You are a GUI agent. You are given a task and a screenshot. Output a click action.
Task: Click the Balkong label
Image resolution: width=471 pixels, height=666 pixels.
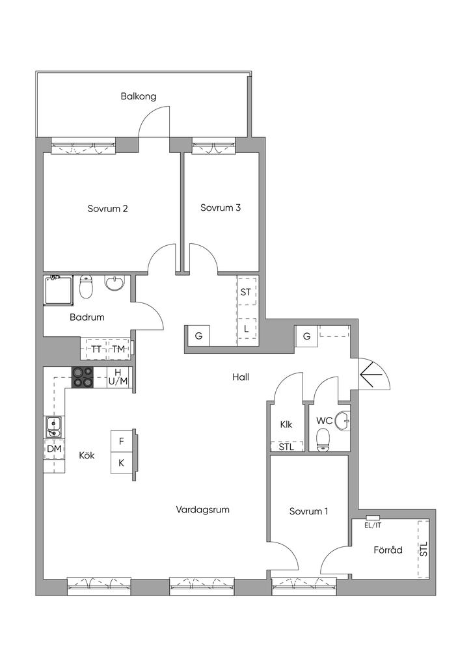pyautogui.click(x=139, y=96)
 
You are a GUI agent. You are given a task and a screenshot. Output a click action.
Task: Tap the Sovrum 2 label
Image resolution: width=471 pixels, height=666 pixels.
pyautogui.click(x=108, y=209)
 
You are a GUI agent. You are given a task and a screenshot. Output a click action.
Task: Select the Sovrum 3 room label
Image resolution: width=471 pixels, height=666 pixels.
pyautogui.click(x=221, y=207)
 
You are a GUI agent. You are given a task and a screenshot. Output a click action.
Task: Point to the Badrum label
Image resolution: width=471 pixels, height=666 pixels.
pyautogui.click(x=87, y=317)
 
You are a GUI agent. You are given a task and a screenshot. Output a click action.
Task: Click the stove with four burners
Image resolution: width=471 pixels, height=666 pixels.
pyautogui.click(x=82, y=377)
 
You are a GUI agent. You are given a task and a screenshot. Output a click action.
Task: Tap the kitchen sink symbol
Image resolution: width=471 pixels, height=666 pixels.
pyautogui.click(x=53, y=427)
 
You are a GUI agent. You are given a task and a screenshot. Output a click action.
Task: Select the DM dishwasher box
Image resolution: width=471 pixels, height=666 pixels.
pyautogui.click(x=55, y=449)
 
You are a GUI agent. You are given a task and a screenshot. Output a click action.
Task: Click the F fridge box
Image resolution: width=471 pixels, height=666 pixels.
pyautogui.click(x=122, y=442)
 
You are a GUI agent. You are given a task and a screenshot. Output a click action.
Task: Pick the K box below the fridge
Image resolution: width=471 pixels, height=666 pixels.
pyautogui.click(x=122, y=463)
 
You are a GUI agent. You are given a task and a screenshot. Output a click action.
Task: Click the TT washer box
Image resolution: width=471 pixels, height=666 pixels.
pyautogui.click(x=96, y=349)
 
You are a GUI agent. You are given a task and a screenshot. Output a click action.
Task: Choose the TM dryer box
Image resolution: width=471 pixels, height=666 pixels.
pyautogui.click(x=118, y=349)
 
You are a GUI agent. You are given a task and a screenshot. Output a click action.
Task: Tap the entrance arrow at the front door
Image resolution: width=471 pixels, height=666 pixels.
pyautogui.click(x=367, y=374)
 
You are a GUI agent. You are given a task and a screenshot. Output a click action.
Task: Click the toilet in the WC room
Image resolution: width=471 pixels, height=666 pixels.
pyautogui.click(x=323, y=439)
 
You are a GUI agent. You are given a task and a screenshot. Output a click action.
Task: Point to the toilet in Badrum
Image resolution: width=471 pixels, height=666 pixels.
pyautogui.click(x=87, y=286)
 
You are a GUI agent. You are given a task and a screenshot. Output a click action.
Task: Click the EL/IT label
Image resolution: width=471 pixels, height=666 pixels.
pyautogui.click(x=373, y=525)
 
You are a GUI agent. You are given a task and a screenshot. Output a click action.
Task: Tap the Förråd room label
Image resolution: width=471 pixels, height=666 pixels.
pyautogui.click(x=388, y=550)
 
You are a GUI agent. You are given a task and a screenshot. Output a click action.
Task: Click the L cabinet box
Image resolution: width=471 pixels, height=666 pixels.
pyautogui.click(x=247, y=328)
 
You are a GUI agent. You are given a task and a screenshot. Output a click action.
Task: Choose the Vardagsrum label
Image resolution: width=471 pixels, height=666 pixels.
pyautogui.click(x=202, y=509)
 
